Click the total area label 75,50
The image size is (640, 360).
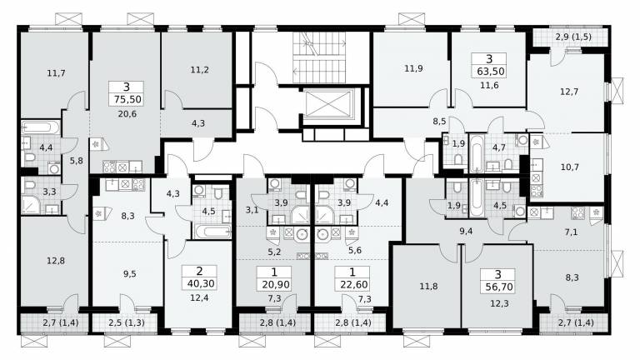(x=127, y=99)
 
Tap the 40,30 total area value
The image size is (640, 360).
(x=200, y=283)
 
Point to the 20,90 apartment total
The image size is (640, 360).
(x=276, y=284)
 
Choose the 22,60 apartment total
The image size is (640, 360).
(x=353, y=284)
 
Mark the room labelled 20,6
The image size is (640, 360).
(x=127, y=114)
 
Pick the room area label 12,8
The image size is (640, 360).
(x=56, y=261)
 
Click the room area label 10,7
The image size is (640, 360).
(x=570, y=167)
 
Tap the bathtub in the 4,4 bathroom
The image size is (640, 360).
(x=40, y=127)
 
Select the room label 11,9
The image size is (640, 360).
(x=413, y=68)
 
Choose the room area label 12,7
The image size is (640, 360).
(x=569, y=92)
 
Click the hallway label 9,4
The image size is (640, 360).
(x=466, y=232)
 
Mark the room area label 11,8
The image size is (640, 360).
(x=428, y=287)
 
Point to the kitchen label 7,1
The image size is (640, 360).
(x=571, y=232)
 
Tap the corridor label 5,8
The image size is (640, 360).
(x=77, y=161)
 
